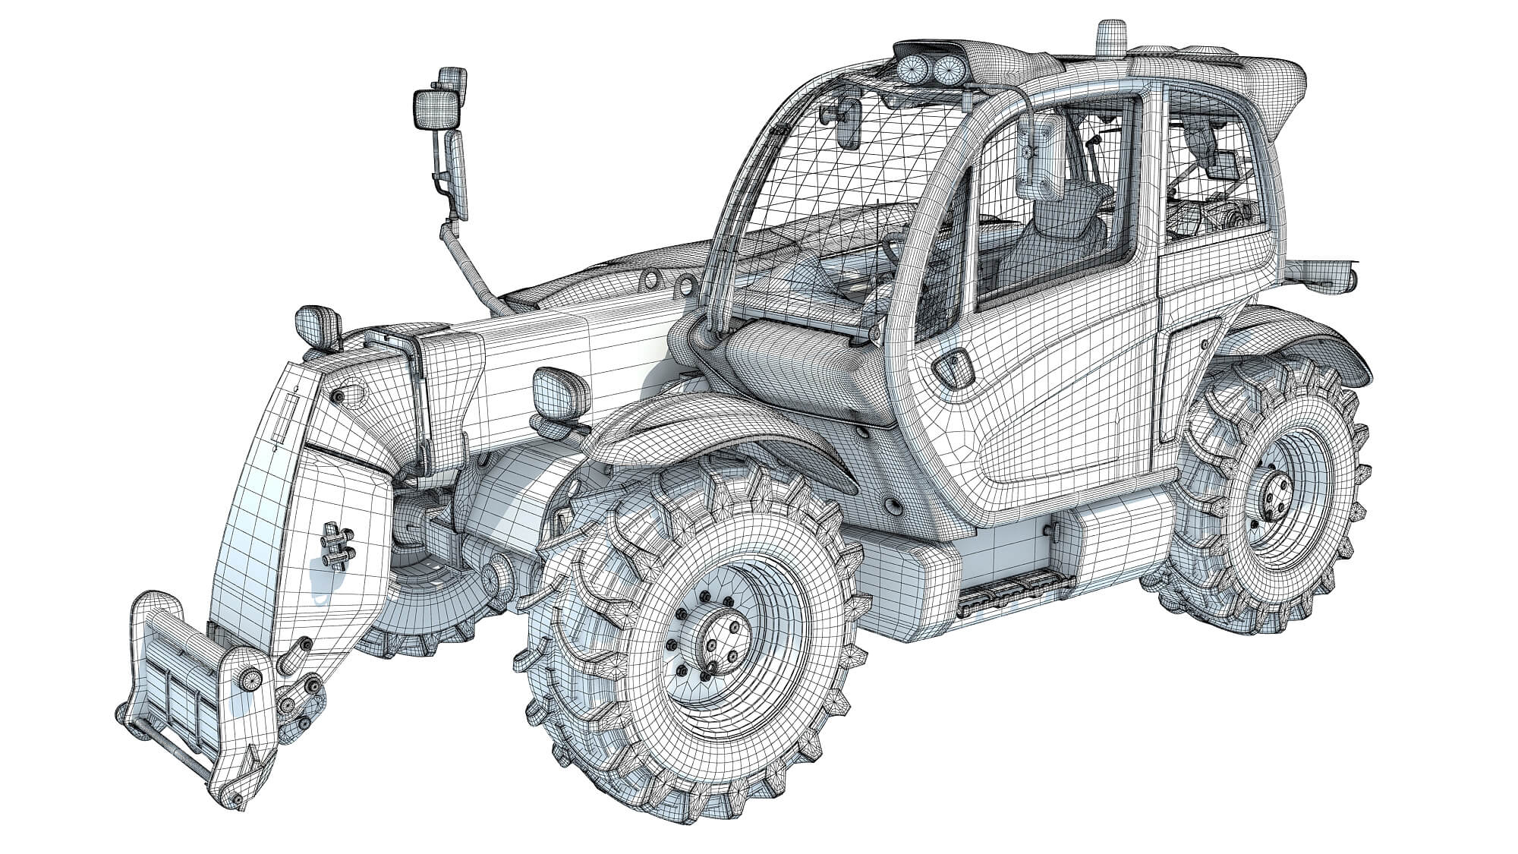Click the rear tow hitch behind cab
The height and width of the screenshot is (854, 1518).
[x=1324, y=273]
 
